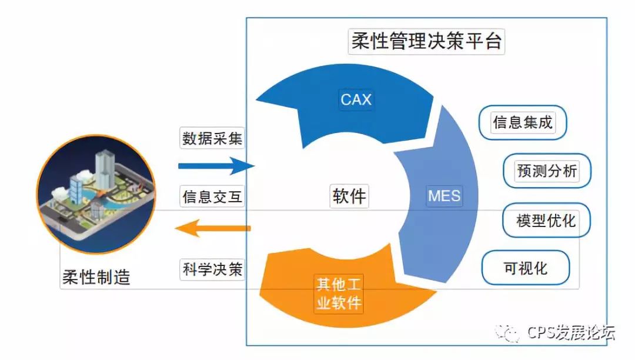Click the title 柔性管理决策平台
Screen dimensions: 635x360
[427, 42]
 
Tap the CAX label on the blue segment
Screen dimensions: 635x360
[356, 99]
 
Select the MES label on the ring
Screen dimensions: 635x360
[444, 195]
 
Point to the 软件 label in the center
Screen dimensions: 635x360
[349, 196]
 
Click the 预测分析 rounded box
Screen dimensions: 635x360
[547, 171]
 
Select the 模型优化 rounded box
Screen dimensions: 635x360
[546, 221]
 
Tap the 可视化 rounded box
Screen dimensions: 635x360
[526, 269]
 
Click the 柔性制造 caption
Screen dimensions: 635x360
[96, 276]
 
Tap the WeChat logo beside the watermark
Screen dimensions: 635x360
[508, 333]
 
